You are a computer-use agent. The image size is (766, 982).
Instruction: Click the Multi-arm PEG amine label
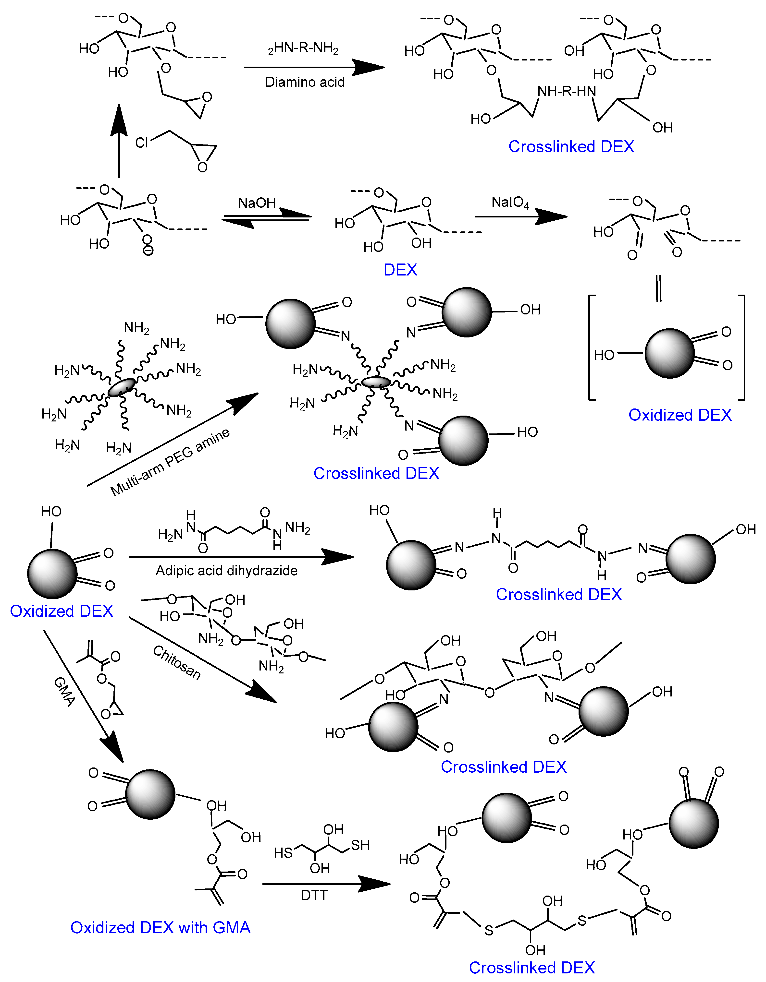[170, 462]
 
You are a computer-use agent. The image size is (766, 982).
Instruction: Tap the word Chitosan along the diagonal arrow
[177, 662]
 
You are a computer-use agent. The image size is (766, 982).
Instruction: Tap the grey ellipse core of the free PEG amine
[122, 387]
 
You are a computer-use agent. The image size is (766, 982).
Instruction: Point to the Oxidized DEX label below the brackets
[680, 415]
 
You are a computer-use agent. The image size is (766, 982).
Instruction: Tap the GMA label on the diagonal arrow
[64, 692]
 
